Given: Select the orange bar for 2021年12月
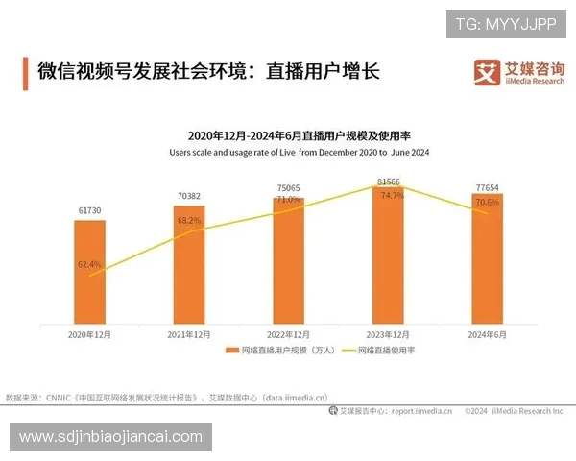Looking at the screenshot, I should click(189, 265).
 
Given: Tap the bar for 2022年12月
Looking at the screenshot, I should click(288, 260).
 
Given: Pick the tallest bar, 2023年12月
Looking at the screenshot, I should click(388, 254).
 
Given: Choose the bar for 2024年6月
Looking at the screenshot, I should click(487, 258).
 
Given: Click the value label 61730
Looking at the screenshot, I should click(90, 210).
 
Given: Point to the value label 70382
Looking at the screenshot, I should click(189, 196).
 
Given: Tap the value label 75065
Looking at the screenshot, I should click(288, 188).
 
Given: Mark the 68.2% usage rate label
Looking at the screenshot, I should click(189, 220).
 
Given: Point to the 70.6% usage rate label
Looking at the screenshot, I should click(487, 203).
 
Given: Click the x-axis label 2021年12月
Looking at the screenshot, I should click(189, 334).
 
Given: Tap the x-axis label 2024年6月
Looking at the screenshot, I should click(487, 334).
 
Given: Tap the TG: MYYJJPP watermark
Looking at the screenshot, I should click(505, 23).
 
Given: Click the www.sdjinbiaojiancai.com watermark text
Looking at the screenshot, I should click(110, 437).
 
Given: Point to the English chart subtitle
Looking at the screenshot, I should click(299, 152).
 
